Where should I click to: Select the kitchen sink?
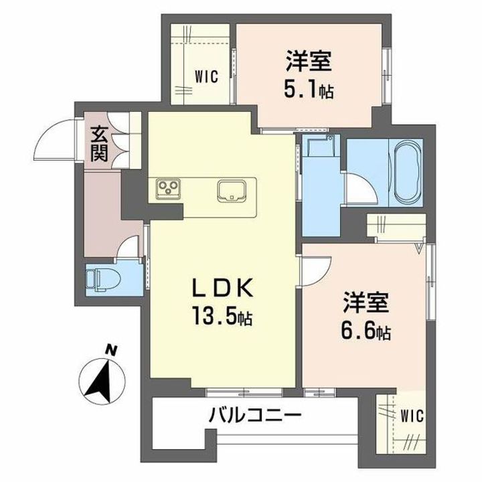click(x=232, y=190)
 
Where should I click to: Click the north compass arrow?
click(x=100, y=378)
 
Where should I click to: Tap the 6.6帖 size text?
click(x=364, y=330)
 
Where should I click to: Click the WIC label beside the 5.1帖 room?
click(x=207, y=77)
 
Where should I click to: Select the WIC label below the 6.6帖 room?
click(x=412, y=416)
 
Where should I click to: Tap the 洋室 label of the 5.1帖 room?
click(x=309, y=64)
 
